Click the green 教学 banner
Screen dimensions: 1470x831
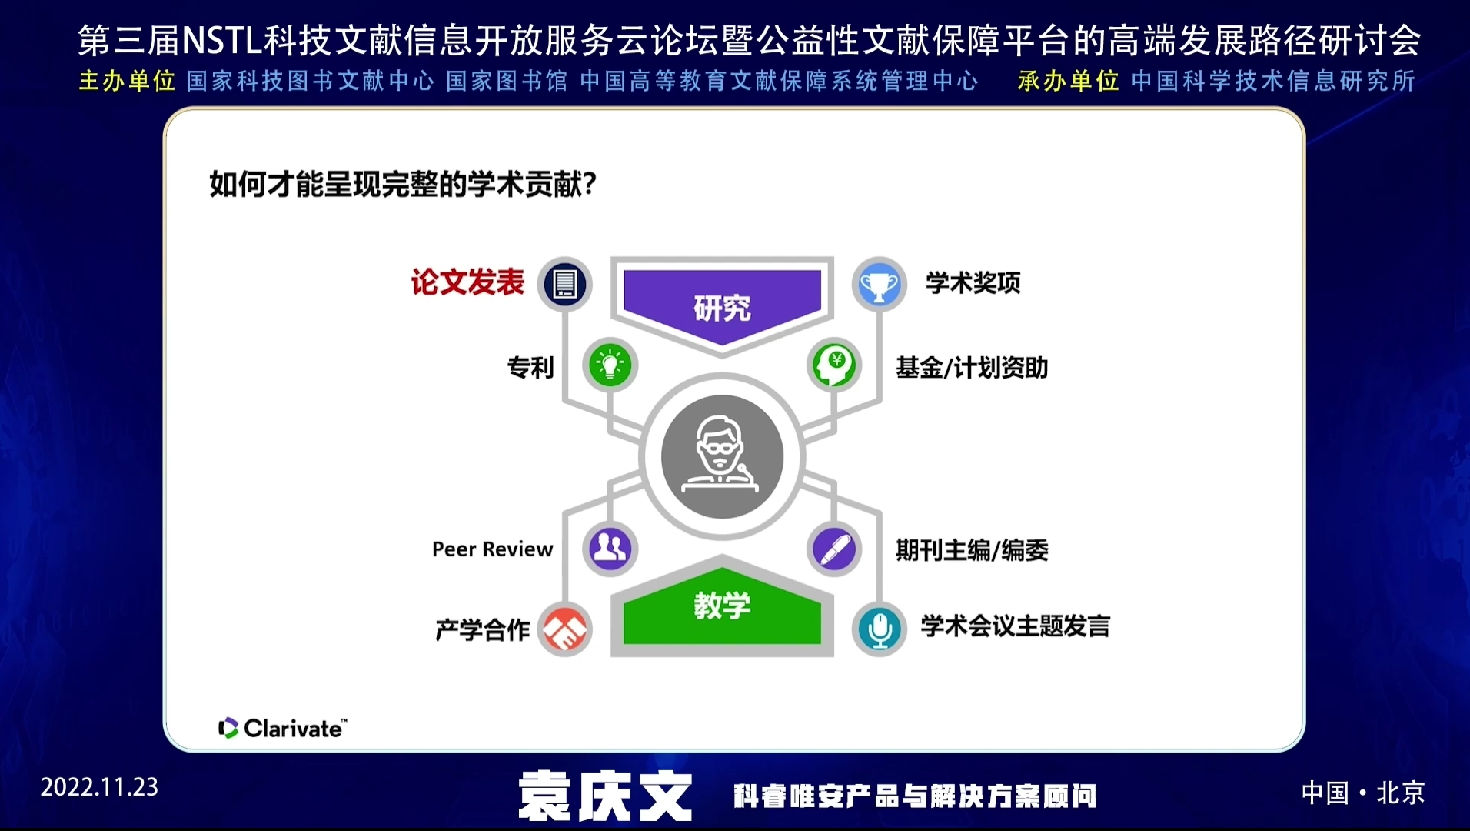click(x=722, y=607)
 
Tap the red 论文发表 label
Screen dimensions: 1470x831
click(x=467, y=282)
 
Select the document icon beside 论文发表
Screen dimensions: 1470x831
click(x=565, y=284)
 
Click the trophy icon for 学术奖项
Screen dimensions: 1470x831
click(x=879, y=284)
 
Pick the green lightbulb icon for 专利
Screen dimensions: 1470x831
click(x=610, y=365)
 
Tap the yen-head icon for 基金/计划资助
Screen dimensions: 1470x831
click(x=834, y=365)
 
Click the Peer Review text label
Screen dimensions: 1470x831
click(x=493, y=549)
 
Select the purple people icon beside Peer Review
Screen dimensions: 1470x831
click(x=610, y=549)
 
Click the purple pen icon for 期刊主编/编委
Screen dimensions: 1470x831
click(x=834, y=549)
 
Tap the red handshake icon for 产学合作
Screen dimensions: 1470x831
click(x=565, y=629)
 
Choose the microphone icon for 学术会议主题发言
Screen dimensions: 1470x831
click(x=879, y=629)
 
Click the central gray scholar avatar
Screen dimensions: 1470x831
click(x=722, y=457)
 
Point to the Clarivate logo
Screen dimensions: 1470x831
click(x=282, y=728)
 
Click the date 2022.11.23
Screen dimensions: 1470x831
click(x=99, y=787)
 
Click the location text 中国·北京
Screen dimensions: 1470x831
click(x=1362, y=793)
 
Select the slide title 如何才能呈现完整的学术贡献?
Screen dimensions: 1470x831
click(x=404, y=185)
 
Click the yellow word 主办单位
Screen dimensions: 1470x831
click(x=127, y=81)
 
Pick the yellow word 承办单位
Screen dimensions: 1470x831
click(x=1069, y=81)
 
